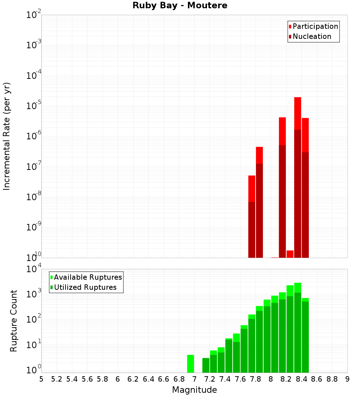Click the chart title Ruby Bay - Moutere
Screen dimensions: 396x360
(180, 6)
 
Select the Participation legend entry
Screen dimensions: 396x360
(315, 26)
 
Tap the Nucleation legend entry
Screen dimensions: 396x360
(312, 36)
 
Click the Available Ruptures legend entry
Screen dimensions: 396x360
(88, 277)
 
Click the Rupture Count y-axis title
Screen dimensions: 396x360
(14, 321)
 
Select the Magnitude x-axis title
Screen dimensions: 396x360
(194, 390)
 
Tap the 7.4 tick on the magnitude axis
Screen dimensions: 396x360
(225, 379)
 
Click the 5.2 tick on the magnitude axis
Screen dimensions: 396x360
(57, 379)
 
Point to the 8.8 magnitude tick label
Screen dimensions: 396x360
(332, 379)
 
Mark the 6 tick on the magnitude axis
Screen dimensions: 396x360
(118, 379)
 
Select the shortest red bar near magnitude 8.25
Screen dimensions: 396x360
(290, 254)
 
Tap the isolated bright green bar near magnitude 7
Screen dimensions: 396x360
(190, 364)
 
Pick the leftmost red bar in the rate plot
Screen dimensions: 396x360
(252, 216)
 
